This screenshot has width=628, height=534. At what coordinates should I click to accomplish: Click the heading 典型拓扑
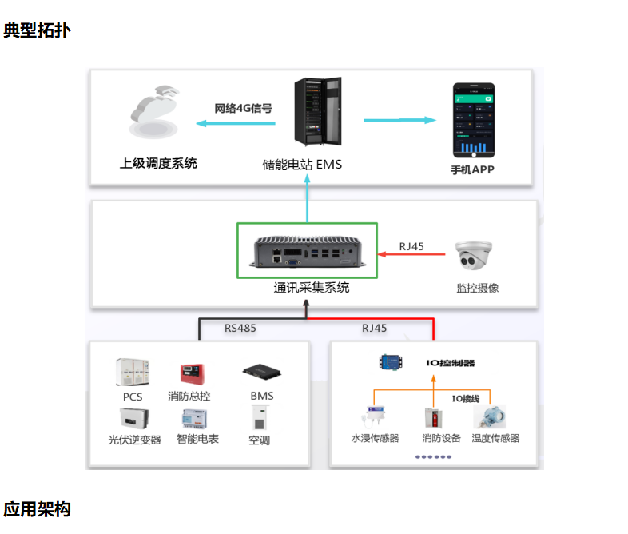[x=36, y=32]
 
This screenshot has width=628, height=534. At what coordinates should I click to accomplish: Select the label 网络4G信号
[x=243, y=108]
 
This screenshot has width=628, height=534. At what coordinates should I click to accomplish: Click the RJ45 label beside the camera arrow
[x=411, y=246]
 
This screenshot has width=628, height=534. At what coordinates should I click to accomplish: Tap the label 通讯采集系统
[x=312, y=288]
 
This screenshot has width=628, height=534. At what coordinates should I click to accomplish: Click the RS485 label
[x=240, y=328]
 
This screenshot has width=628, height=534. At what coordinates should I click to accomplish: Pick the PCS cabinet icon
[x=133, y=373]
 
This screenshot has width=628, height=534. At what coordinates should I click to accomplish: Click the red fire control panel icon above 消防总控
[x=189, y=373]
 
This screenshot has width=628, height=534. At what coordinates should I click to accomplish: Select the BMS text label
[x=261, y=396]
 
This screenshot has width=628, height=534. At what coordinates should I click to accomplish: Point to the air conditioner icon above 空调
[x=260, y=419]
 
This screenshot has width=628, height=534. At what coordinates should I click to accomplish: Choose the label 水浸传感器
[x=375, y=438]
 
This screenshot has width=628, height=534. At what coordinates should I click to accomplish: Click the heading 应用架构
[x=36, y=509]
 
